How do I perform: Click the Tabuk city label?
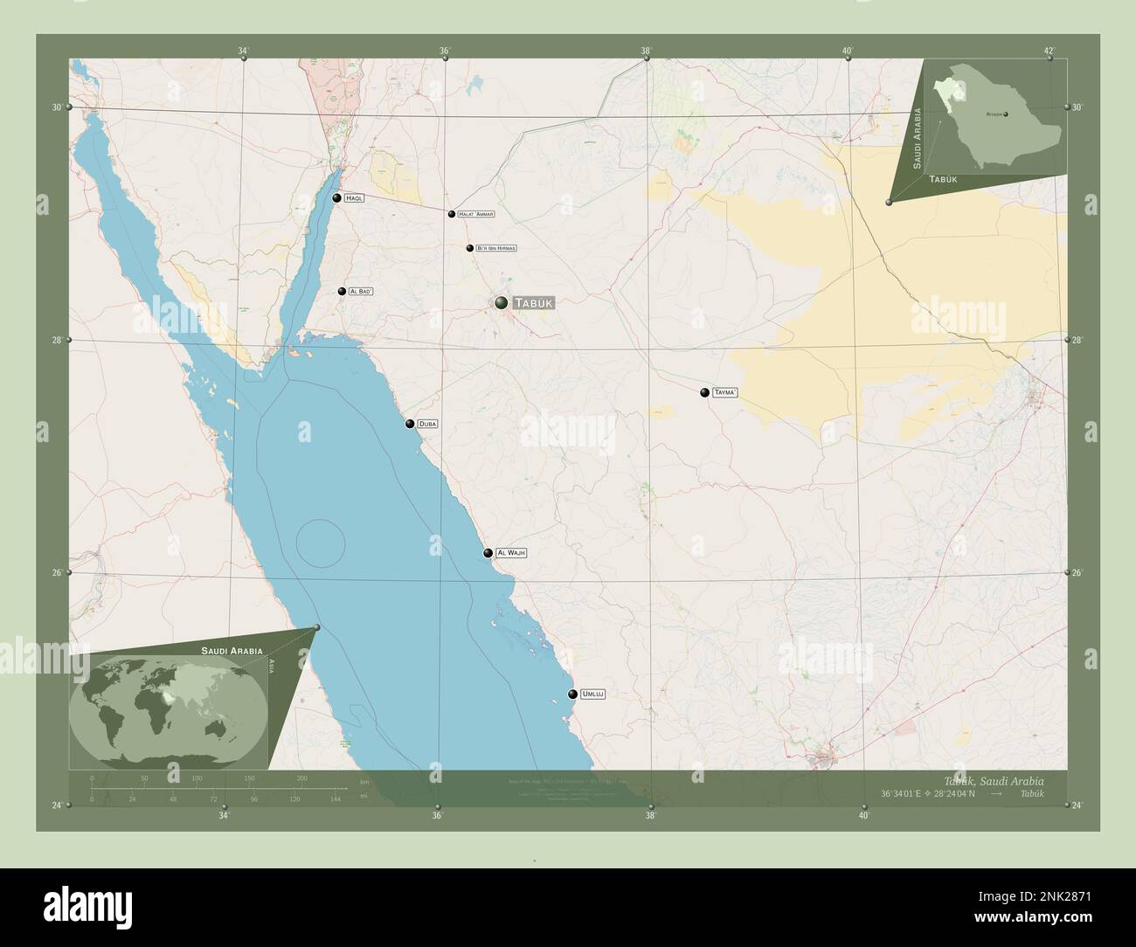coord(533,303)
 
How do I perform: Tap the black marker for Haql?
coord(336,198)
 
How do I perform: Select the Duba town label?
coord(427,424)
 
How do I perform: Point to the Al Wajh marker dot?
coord(488,553)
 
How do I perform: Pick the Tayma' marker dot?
coord(704,393)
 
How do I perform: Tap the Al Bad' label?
coord(361,291)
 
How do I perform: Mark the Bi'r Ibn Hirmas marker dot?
coord(470,248)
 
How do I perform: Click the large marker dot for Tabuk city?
coord(501,302)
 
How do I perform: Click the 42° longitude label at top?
coord(1049,51)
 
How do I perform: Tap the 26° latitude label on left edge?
coord(57,572)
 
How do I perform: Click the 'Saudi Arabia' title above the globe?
coord(232,651)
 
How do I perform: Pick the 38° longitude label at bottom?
coord(650,816)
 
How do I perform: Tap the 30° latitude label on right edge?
coord(1077,107)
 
